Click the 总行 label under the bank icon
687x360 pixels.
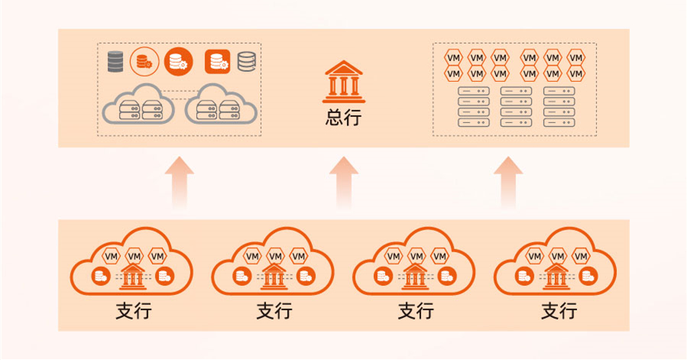[343, 118]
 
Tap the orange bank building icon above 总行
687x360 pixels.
[343, 83]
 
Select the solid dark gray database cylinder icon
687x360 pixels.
[115, 61]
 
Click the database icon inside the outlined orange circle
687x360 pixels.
[143, 61]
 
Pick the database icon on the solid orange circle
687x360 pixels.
[179, 61]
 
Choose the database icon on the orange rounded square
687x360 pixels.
[218, 61]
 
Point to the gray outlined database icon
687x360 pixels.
[247, 61]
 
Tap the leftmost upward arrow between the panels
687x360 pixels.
[179, 181]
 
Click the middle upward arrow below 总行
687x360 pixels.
[343, 181]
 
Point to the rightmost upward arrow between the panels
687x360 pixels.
[507, 181]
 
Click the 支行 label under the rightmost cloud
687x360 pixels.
[559, 312]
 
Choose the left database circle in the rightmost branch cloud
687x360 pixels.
[524, 276]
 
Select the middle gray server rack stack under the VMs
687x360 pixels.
[516, 106]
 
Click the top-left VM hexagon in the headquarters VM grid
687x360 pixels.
[453, 58]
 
